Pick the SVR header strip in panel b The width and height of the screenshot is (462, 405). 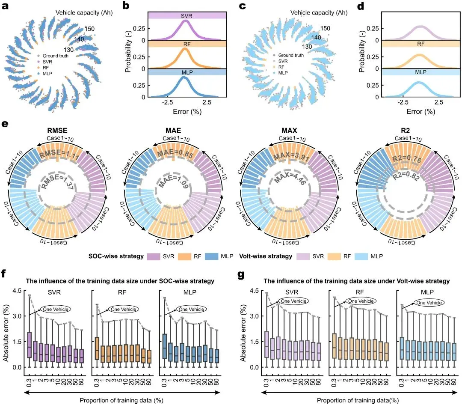186,15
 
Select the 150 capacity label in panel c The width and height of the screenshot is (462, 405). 325,28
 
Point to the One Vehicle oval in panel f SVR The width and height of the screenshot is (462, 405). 56,309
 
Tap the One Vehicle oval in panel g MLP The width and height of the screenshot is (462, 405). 429,303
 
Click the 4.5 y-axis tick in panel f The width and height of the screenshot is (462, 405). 16,290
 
